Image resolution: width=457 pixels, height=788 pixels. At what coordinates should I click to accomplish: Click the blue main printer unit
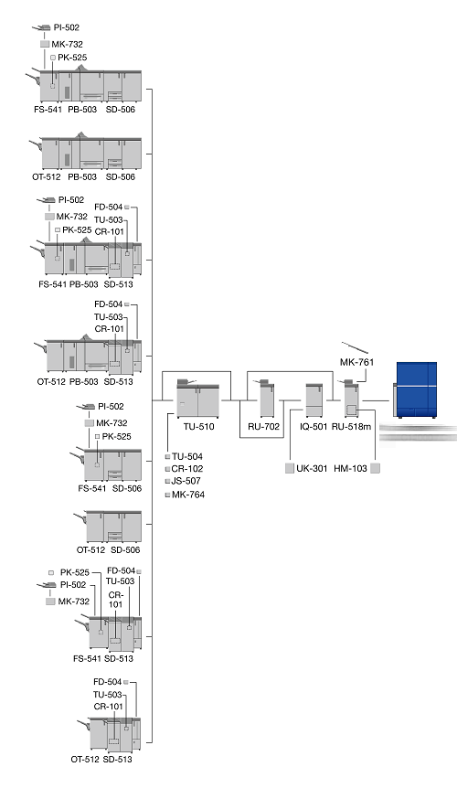tap(415, 390)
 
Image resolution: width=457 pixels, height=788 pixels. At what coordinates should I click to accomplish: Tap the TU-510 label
tap(199, 427)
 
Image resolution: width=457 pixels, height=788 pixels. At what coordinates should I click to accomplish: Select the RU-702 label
tap(263, 427)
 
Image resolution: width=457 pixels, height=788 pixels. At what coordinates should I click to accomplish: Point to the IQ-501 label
tap(314, 427)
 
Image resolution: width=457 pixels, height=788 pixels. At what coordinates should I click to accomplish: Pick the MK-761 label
tap(356, 362)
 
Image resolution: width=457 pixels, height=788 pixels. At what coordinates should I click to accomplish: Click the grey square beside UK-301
tap(289, 468)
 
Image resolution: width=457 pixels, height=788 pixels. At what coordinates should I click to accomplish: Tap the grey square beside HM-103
tap(375, 468)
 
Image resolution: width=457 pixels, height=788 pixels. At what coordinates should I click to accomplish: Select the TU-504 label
tap(187, 456)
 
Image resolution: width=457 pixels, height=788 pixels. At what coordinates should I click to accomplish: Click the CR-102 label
tap(187, 468)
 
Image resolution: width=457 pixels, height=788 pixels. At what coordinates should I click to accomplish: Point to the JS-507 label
tap(186, 481)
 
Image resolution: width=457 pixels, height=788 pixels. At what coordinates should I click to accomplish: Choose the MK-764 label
tap(188, 495)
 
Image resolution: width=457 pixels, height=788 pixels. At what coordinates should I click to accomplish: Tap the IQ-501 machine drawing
tap(314, 399)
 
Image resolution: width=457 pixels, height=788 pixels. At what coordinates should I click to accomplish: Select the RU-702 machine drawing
tap(265, 398)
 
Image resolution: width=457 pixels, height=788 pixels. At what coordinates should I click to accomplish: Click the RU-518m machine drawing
tap(351, 398)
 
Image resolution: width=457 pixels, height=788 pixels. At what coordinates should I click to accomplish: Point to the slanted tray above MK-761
tap(355, 347)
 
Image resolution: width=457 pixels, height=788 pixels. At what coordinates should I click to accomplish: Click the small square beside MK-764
tap(168, 495)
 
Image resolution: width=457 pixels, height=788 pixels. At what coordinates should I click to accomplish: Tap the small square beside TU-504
tap(168, 457)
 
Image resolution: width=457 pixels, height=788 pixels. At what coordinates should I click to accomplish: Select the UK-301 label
tap(312, 468)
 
